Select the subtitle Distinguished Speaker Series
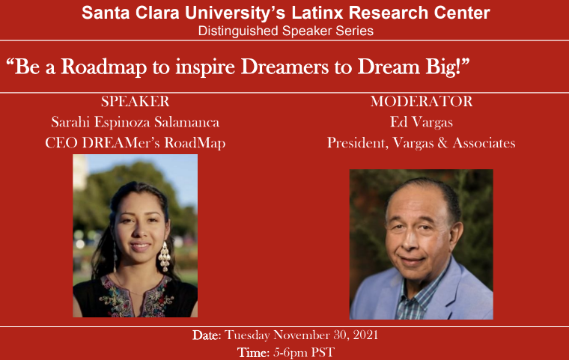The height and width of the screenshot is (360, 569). (x=285, y=31)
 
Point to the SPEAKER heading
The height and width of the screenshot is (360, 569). (x=135, y=101)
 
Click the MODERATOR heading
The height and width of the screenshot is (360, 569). (x=421, y=101)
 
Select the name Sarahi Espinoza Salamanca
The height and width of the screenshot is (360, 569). (x=135, y=122)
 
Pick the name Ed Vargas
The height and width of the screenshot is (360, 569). (x=421, y=122)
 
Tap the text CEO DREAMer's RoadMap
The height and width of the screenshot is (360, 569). (x=135, y=143)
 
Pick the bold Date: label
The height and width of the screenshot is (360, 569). (x=206, y=335)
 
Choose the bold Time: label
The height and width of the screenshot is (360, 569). (x=251, y=352)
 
